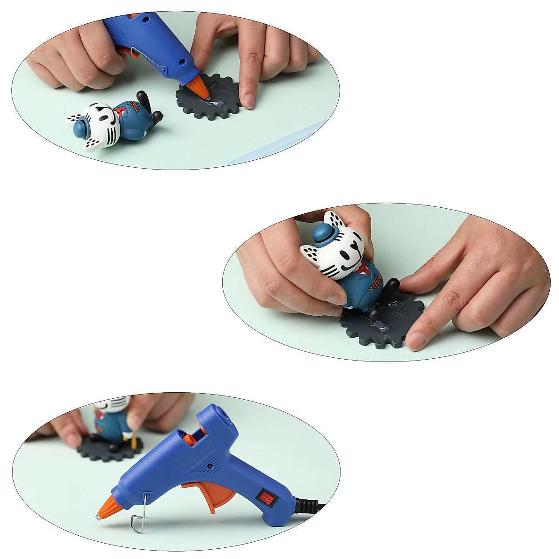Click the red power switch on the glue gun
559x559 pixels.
coord(267,498)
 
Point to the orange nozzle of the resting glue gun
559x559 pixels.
coord(106,506)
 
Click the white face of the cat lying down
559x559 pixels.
coord(100,126)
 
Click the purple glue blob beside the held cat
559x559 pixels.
coord(381,326)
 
